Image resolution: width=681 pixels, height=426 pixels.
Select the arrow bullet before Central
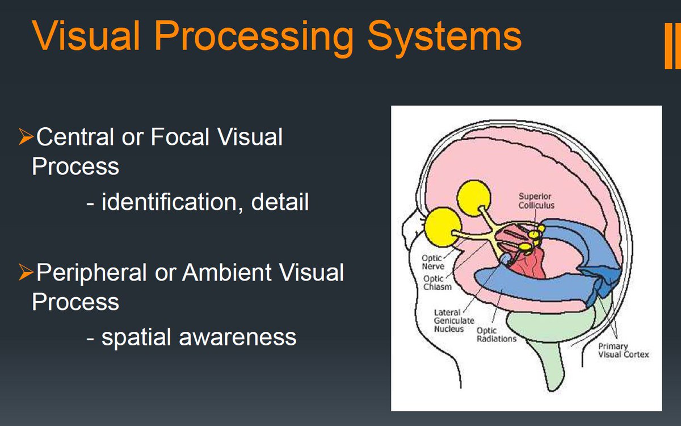point(25,137)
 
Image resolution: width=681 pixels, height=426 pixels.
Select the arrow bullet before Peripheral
point(25,273)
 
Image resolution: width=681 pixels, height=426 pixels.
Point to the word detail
point(279,202)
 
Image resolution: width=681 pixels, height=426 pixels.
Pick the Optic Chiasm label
point(437,282)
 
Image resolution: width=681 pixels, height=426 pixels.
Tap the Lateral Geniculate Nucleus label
point(448,320)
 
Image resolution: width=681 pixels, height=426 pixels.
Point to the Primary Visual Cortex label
point(623,350)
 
